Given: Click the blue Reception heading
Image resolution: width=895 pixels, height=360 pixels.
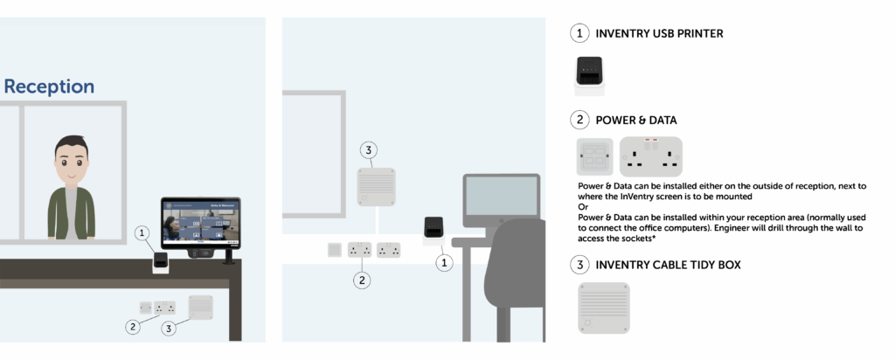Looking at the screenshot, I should point(49,87).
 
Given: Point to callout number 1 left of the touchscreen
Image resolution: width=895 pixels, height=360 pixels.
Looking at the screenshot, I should point(142,233).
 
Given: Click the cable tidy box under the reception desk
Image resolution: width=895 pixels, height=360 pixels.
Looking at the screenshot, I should point(201,307).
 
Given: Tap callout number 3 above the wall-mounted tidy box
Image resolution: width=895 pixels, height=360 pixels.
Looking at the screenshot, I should point(369,150).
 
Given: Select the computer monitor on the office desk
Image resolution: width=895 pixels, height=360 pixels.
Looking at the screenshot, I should point(501,201).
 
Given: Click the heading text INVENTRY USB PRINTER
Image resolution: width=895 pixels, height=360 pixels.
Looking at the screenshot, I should point(659,34).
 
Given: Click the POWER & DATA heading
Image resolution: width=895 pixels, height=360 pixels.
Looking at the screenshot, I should point(635,121).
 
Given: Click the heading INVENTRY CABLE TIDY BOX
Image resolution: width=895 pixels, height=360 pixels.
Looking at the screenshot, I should point(668,265).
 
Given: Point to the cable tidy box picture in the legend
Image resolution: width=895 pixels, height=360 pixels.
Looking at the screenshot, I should point(603,307).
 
